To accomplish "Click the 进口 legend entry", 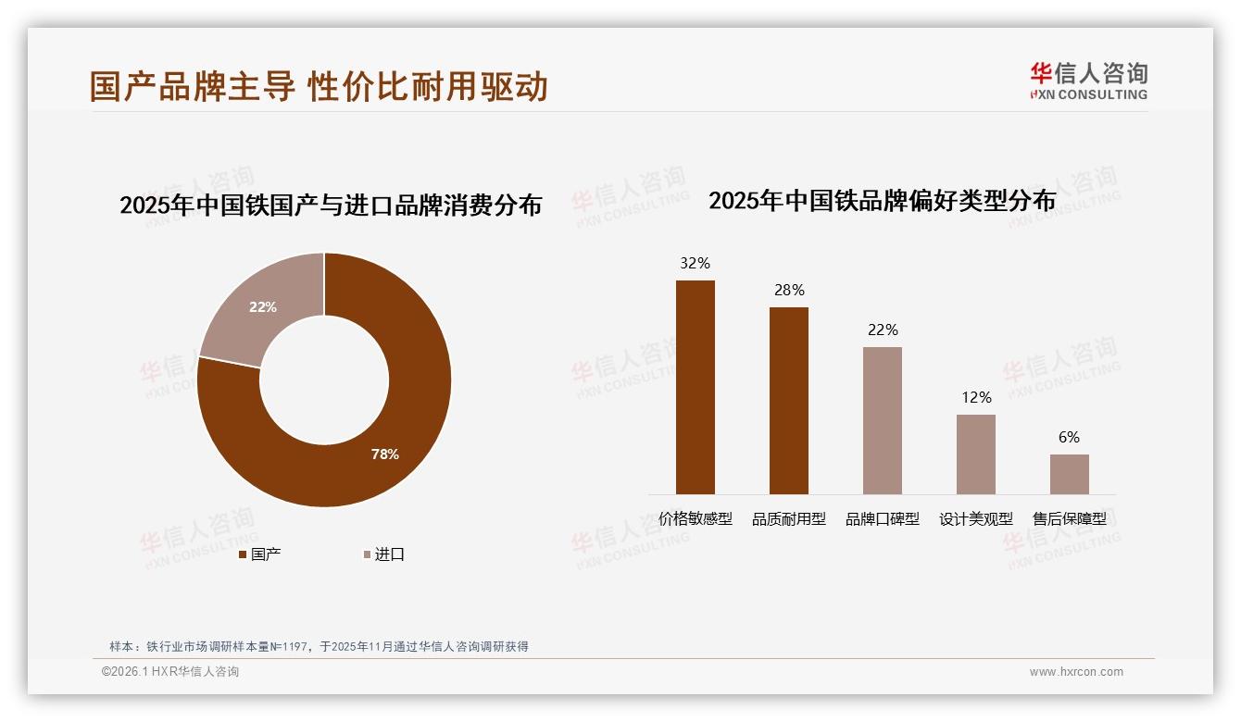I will pos(383,554).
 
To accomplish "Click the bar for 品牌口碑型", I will pos(883,420).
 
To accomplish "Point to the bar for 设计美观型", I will pos(976,454).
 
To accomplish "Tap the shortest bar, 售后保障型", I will pos(1070,474).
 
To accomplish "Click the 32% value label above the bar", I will pos(696,263).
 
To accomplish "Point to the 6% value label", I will pos(1070,437).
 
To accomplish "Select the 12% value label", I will pos(976,397).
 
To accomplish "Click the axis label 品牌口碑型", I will pos(883,519).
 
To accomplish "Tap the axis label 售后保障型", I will pos(1070,519).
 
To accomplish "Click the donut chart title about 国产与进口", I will pos(331,205).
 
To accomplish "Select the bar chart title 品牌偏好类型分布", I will pos(882,201).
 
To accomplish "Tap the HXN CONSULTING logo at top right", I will pos(1089,81).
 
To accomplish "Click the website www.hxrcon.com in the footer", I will pos(1076,672).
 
